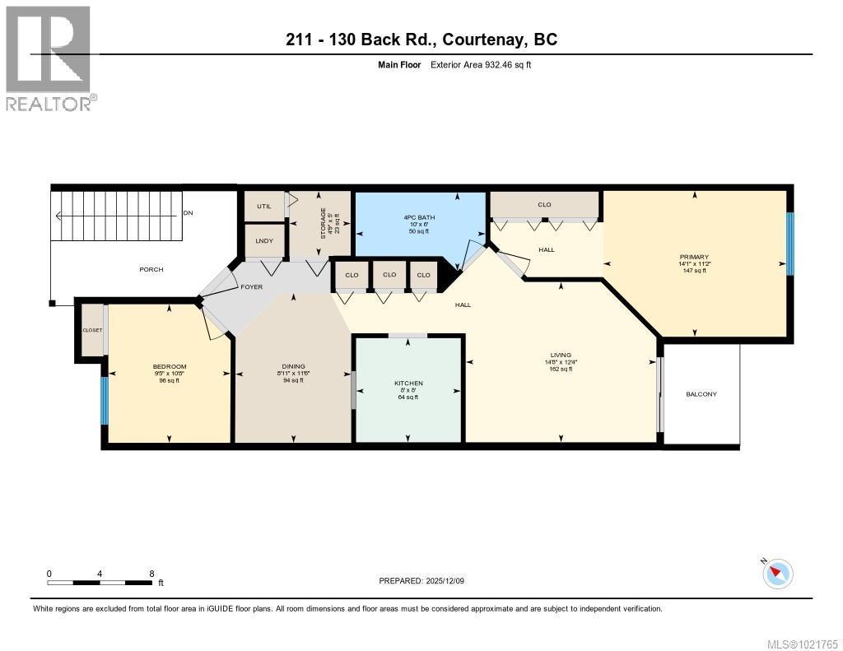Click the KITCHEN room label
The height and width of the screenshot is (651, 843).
(408, 384)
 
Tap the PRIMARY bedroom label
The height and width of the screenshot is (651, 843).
(694, 257)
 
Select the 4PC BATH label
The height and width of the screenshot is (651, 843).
(419, 217)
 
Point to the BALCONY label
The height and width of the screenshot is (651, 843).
(701, 394)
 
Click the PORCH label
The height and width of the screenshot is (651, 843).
(151, 269)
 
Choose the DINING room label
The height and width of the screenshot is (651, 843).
(293, 366)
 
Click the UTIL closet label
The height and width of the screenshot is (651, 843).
(263, 206)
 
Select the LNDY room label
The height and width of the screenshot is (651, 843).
(263, 240)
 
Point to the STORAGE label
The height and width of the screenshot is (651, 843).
(324, 222)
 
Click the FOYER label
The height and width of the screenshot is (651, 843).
(251, 287)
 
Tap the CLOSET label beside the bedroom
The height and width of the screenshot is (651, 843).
(92, 330)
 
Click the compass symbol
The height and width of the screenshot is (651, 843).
(778, 573)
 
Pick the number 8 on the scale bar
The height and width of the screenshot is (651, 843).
(151, 573)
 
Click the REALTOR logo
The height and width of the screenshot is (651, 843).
(49, 58)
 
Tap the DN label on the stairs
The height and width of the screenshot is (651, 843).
(188, 212)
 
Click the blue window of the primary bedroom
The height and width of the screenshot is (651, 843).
(789, 244)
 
